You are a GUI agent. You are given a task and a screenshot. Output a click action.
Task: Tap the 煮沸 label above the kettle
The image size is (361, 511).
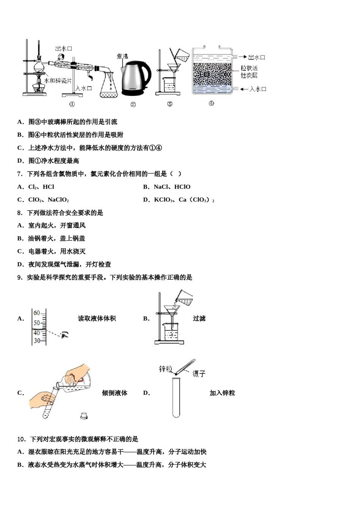point(122,56)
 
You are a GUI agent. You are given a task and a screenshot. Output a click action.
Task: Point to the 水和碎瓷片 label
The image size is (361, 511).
point(58,81)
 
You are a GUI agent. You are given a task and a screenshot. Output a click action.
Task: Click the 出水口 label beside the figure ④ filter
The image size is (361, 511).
point(256,57)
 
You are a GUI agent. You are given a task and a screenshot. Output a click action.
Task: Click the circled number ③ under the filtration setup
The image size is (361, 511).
point(170,104)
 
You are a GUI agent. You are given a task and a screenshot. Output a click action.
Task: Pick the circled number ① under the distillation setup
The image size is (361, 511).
point(72,104)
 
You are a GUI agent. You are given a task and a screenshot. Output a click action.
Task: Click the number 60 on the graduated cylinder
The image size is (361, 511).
point(36,313)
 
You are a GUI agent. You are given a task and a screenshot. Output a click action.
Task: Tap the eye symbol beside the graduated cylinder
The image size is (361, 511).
point(65,335)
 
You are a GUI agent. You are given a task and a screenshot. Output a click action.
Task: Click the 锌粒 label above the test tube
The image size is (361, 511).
point(165,369)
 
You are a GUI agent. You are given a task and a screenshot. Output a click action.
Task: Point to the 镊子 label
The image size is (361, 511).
point(199,374)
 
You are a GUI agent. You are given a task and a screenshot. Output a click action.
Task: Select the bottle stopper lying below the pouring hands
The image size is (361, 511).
point(84,416)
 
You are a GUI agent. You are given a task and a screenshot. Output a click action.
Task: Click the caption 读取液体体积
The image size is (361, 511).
point(97,319)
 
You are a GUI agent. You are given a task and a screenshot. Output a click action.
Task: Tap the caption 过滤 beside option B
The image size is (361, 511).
point(199,319)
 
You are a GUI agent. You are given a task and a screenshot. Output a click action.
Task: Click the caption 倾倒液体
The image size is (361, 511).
point(114,393)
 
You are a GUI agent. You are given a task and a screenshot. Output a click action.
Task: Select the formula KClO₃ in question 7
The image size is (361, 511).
point(164,200)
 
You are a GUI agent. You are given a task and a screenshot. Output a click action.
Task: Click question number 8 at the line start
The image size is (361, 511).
point(20,213)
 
